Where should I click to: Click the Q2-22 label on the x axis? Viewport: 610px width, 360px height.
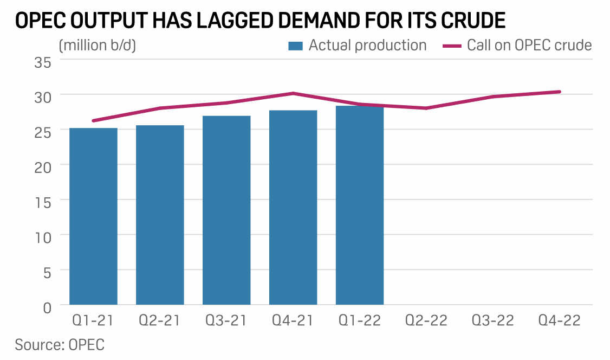tap(426, 320)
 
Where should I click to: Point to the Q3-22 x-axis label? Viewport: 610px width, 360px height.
tap(493, 320)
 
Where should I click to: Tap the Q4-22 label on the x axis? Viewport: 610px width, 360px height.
tap(560, 320)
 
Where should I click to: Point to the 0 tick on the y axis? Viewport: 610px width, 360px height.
tap(47, 307)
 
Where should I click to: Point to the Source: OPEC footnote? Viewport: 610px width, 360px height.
tap(60, 345)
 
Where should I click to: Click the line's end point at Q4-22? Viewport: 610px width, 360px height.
tap(560, 92)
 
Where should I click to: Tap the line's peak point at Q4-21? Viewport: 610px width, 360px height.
tap(293, 93)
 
